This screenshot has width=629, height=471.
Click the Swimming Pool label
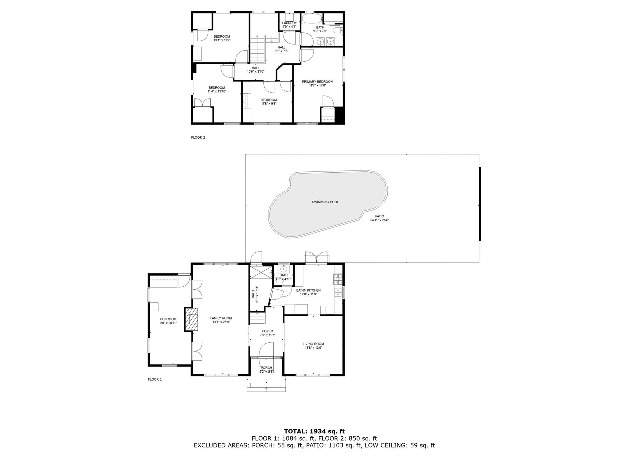[x=325, y=202]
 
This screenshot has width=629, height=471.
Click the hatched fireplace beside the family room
[x=191, y=320]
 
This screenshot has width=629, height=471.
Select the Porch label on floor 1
[x=266, y=368]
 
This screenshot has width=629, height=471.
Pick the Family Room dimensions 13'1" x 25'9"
[x=221, y=322]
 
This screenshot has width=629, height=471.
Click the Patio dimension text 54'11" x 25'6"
[x=380, y=220]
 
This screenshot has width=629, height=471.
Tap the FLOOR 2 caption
[x=198, y=137]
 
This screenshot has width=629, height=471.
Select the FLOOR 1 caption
[x=155, y=379]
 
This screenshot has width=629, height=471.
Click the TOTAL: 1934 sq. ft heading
[x=314, y=431]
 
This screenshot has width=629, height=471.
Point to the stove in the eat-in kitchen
[x=338, y=279]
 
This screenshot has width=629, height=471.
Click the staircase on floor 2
[x=257, y=49]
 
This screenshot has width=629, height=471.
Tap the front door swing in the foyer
[x=266, y=350]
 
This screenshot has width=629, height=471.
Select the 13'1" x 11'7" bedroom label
[x=222, y=38]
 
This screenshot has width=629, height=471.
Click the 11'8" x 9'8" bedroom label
[x=269, y=102]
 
